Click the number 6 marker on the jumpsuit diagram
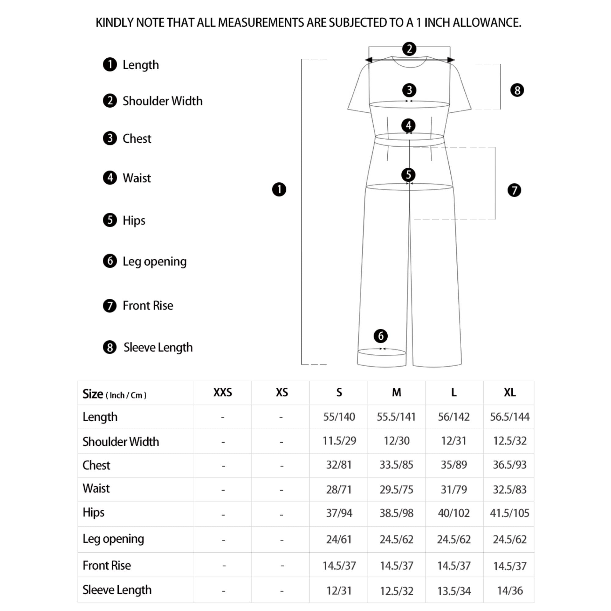pyautogui.click(x=380, y=336)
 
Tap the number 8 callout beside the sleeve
pyautogui.click(x=517, y=90)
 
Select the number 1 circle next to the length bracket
pyautogui.click(x=279, y=189)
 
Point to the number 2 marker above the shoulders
pyautogui.click(x=409, y=49)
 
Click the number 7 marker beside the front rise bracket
pyautogui.click(x=514, y=190)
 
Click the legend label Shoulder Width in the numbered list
pyautogui.click(x=162, y=101)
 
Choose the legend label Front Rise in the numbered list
pyautogui.click(x=148, y=305)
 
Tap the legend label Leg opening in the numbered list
pyautogui.click(x=154, y=261)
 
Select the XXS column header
pyautogui.click(x=223, y=393)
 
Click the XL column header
pyautogui.click(x=510, y=393)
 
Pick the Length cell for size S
pyautogui.click(x=339, y=417)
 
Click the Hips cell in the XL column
pyautogui.click(x=510, y=513)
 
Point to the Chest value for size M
pyautogui.click(x=396, y=465)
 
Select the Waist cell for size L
pyautogui.click(x=454, y=489)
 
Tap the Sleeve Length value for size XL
pyautogui.click(x=510, y=591)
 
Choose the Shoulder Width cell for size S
pyautogui.click(x=339, y=441)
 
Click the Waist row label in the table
pyautogui.click(x=96, y=488)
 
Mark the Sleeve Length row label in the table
pyautogui.click(x=117, y=590)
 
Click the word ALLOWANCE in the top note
pyautogui.click(x=487, y=23)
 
